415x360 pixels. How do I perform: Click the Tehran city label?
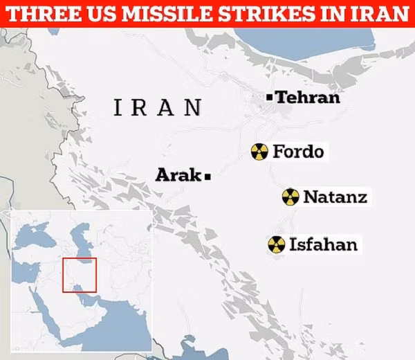[308, 98]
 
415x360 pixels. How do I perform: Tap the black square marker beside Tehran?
[270, 98]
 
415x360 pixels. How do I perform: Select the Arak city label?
[178, 175]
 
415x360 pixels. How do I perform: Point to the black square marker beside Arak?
[207, 177]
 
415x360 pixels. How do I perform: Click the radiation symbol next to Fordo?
[259, 152]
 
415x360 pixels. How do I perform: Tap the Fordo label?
[298, 151]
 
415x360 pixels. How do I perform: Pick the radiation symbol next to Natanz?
[290, 197]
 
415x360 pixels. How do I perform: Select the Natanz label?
[335, 197]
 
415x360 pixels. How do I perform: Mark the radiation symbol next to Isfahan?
[276, 244]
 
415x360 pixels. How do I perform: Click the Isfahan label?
[323, 244]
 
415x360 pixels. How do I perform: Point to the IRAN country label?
[158, 107]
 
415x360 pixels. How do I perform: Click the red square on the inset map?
[80, 275]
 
